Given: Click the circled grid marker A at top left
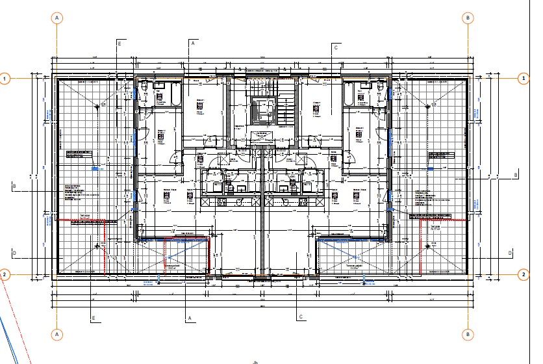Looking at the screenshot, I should pos(58,18).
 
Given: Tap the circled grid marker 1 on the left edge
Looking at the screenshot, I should pos(5,79).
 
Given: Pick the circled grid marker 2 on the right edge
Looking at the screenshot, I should pos(524,274).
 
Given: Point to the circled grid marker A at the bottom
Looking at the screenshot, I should pos(58,334).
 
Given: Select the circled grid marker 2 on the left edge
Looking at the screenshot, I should pos(5,274).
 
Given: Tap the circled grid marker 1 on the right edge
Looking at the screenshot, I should pos(524,79).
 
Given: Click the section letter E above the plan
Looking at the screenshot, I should pos(120,43).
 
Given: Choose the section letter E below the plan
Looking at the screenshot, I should pos(94,318).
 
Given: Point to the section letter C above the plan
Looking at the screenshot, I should pos(336,47).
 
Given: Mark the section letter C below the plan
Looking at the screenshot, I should pos(301,317).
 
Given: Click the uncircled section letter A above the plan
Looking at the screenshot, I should pos(192,43).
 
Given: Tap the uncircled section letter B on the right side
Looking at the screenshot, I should pos(516,175).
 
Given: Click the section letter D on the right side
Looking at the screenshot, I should pos(511,252).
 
